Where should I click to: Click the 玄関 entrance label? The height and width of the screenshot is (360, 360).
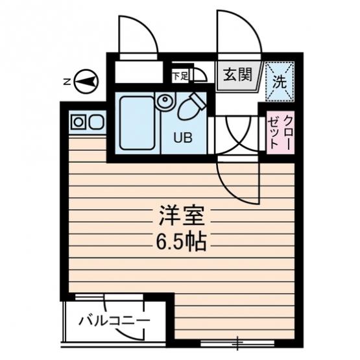pos(238,75)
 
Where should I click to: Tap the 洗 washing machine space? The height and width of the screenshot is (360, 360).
pos(280,82)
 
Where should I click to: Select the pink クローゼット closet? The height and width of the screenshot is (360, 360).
pos(280,132)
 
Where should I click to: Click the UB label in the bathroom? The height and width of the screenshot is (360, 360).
pos(183,138)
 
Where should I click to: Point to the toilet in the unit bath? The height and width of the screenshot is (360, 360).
pos(191,107)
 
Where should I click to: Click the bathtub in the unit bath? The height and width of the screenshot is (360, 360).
pos(137,123)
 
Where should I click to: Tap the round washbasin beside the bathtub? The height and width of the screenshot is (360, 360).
pos(165,101)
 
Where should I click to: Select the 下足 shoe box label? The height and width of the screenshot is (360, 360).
pos(180,76)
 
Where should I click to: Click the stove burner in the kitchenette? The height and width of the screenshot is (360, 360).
pos(78,122)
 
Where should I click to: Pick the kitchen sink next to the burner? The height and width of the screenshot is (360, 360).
pos(97,122)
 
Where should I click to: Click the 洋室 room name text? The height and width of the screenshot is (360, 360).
pos(182,216)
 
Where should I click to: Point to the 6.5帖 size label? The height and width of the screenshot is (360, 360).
pos(181,242)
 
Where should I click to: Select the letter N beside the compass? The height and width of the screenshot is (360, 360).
pos(67,82)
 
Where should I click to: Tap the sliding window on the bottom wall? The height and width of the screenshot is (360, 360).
pos(237,344)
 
